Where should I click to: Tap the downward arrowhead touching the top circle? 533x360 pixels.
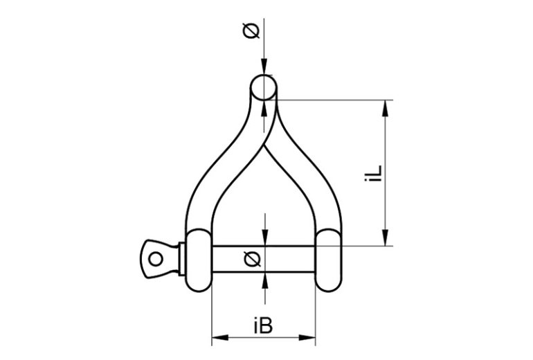click(264, 70)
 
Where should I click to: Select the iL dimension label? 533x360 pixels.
click(374, 172)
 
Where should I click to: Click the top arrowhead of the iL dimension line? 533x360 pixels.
click(384, 106)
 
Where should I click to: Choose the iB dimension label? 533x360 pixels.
click(263, 324)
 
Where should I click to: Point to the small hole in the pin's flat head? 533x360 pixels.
click(156, 259)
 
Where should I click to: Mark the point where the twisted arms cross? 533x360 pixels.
click(264, 146)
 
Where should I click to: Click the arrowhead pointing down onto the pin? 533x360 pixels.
click(264, 240)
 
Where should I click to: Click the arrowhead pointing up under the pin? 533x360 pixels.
click(264, 278)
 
